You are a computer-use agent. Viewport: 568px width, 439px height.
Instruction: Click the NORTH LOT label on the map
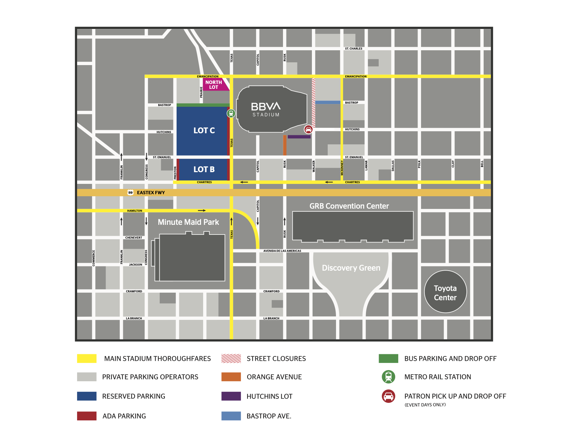[214, 85]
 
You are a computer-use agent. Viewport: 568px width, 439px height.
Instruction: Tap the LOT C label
[204, 130]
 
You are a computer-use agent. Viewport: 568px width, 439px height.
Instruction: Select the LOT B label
[204, 169]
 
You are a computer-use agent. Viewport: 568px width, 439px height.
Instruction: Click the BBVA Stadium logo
[266, 109]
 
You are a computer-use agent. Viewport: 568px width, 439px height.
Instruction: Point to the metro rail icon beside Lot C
[231, 113]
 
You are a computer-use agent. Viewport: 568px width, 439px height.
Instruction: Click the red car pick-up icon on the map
[308, 129]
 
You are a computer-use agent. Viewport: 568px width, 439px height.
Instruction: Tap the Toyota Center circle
[445, 292]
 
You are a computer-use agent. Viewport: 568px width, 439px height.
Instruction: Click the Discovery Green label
[351, 268]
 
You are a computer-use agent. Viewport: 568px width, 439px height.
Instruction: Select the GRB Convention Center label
[349, 206]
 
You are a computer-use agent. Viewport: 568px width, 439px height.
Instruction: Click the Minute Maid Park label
[188, 222]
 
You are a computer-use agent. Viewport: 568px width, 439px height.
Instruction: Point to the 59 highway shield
[130, 192]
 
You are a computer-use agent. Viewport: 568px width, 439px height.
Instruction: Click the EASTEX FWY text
[151, 192]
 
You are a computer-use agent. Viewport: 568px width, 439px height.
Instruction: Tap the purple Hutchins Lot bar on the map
[299, 137]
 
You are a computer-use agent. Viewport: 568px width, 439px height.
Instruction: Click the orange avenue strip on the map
[285, 145]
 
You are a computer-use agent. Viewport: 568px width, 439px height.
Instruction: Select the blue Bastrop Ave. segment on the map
[328, 102]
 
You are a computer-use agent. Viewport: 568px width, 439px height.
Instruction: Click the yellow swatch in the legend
[87, 358]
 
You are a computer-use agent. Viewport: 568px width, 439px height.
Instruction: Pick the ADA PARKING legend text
[124, 416]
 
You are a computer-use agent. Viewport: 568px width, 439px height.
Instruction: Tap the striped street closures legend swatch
[231, 358]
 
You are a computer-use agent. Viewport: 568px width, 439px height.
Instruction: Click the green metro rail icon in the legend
[389, 377]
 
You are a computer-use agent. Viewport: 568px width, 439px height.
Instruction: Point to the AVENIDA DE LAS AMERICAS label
[282, 251]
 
